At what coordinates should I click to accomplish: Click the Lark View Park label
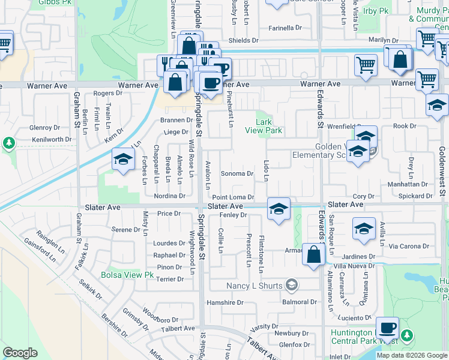tap(264, 125)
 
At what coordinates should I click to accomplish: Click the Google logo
tap(20, 353)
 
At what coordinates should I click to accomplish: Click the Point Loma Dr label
tap(234, 197)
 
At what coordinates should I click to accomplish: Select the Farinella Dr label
tap(285, 28)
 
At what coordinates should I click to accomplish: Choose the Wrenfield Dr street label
tap(339, 127)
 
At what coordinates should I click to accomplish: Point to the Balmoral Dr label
tap(300, 302)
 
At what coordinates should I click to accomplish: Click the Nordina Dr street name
tap(169, 196)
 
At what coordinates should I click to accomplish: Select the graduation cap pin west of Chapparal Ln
tap(122, 160)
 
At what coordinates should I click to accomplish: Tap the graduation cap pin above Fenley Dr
tap(279, 209)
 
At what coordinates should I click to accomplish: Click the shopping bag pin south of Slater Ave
tap(313, 254)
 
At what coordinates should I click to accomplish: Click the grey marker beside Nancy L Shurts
tap(292, 284)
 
